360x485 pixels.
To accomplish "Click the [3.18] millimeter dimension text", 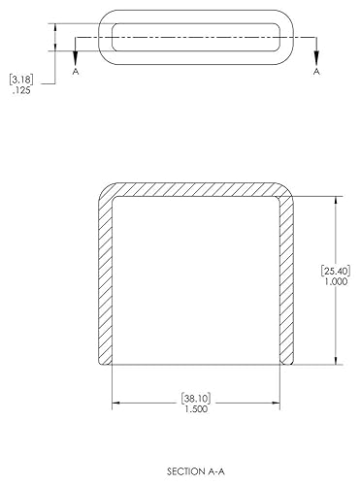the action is coord(21,79).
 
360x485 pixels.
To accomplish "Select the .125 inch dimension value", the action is coord(21,90).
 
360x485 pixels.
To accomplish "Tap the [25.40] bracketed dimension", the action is coord(336,270).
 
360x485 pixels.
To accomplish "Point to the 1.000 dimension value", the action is coord(336,281).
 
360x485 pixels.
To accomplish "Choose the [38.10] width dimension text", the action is coord(196,398).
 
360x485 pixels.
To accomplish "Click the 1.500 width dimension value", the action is coord(196,409).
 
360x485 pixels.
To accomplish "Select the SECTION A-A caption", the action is coord(196,471).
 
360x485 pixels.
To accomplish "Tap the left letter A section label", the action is coord(76,71).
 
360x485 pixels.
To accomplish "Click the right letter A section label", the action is coord(316,71).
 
